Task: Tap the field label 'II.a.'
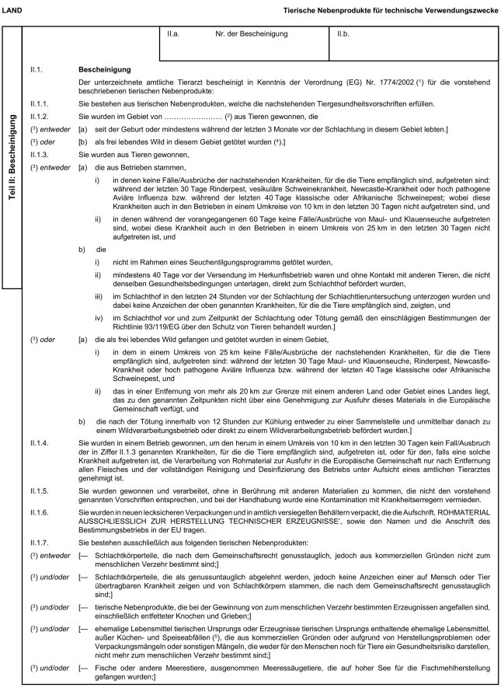pos(175,35)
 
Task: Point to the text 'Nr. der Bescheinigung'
pos(252,35)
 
